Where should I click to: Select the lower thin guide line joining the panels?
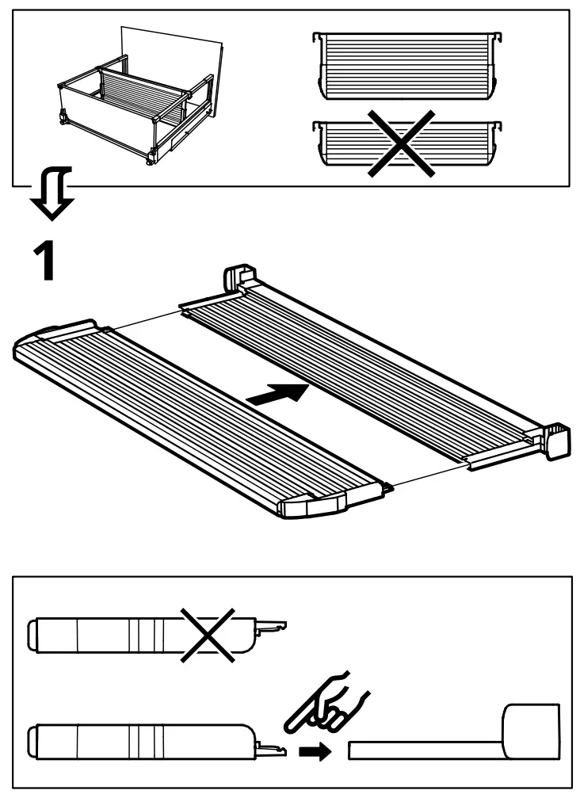pyautogui.click(x=432, y=479)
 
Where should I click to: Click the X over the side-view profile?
pyautogui.click(x=208, y=633)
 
